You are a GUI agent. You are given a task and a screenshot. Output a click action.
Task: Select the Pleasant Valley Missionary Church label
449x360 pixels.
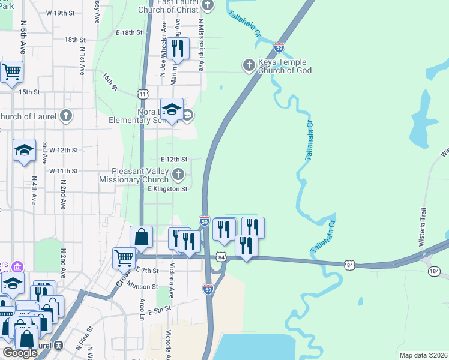coord(136,175)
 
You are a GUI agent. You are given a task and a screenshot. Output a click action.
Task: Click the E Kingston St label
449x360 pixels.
coord(168,188)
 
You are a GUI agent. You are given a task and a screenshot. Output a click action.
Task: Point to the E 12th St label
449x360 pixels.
coord(175,159)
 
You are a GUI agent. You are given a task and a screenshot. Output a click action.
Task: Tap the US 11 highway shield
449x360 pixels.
coord(142,94)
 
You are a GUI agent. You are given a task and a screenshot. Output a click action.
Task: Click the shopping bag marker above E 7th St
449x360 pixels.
coord(142,238)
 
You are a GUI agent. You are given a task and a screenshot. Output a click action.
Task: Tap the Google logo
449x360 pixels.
coord(19,353)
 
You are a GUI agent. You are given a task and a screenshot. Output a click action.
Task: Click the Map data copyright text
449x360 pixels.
coord(423,355)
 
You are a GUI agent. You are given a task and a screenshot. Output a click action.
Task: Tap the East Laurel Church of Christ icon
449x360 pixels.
coord(208,6)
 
